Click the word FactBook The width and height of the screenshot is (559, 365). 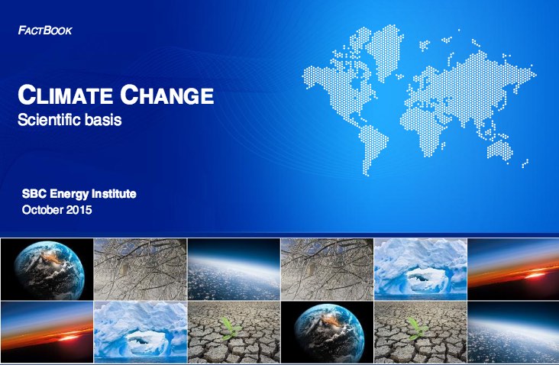click(x=45, y=31)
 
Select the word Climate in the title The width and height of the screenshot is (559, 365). click(x=65, y=95)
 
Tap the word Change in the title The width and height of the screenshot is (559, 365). click(x=166, y=95)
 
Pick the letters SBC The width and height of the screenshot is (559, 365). click(x=34, y=193)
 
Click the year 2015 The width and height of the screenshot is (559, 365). click(x=79, y=209)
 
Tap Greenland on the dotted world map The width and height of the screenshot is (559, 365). click(x=385, y=50)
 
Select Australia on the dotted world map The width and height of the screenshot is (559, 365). click(x=500, y=150)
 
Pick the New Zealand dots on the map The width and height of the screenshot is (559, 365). click(x=525, y=163)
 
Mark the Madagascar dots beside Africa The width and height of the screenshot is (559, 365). click(x=443, y=145)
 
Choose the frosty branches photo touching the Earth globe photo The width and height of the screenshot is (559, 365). click(x=140, y=269)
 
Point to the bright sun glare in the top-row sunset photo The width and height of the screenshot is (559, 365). click(x=534, y=275)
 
